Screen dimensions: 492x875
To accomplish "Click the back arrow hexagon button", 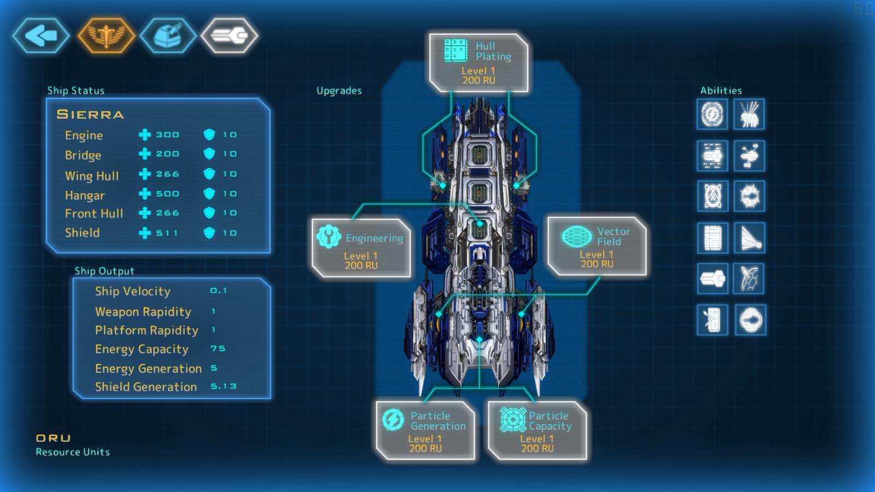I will pos(41,36).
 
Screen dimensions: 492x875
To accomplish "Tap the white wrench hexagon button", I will pos(229,36).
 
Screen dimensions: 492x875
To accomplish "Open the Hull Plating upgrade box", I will pos(479,63).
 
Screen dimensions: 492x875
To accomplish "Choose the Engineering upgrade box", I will pos(361,248).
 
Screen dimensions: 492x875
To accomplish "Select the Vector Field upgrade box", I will pos(597,247).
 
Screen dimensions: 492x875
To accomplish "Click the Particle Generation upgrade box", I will pos(425,431).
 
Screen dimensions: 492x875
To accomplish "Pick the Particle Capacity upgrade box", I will pos(537,431).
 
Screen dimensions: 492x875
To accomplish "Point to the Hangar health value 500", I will pos(167,194).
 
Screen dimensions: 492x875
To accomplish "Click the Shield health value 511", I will pos(167,233).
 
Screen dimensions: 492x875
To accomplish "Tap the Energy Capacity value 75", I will pos(218,348).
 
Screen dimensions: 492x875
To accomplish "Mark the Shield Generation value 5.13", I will pos(223,386).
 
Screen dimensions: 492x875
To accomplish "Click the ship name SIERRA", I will pos(90,115).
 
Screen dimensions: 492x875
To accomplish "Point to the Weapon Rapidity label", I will pos(143,312).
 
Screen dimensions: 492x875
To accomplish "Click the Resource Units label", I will pos(73,452).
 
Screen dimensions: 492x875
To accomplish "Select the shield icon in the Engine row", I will pos(209,134).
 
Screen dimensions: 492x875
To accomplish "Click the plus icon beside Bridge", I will pos(144,154).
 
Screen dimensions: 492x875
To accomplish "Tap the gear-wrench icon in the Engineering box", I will pos(329,237).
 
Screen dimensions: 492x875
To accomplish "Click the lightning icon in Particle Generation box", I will pos(393,420).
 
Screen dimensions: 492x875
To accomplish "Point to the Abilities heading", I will pos(721,91).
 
